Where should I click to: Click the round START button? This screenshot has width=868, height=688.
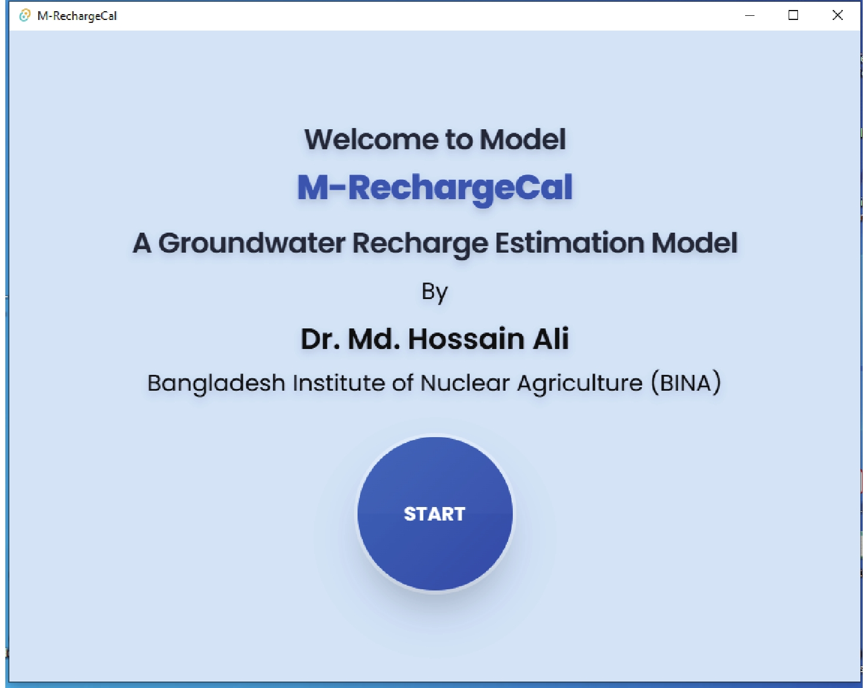[435, 514]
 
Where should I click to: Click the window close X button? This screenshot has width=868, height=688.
[837, 15]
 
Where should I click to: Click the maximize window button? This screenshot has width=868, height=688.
[793, 15]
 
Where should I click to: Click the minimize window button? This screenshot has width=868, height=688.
[749, 16]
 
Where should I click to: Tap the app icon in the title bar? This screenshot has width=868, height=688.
[25, 15]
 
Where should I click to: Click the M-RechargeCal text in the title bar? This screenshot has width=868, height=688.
[77, 16]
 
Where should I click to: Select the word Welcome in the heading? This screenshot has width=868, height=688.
[371, 139]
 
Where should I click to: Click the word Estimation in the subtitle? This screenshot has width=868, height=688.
[569, 243]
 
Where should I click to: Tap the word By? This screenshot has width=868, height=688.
[435, 292]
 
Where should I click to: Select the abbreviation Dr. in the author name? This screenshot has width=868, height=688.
[321, 339]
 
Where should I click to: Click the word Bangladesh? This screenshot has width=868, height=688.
[216, 384]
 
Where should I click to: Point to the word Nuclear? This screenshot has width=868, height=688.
[465, 382]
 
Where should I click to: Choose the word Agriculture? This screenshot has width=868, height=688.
[580, 384]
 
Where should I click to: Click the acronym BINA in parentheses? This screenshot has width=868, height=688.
[685, 383]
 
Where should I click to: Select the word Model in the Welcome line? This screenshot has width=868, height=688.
[523, 139]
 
